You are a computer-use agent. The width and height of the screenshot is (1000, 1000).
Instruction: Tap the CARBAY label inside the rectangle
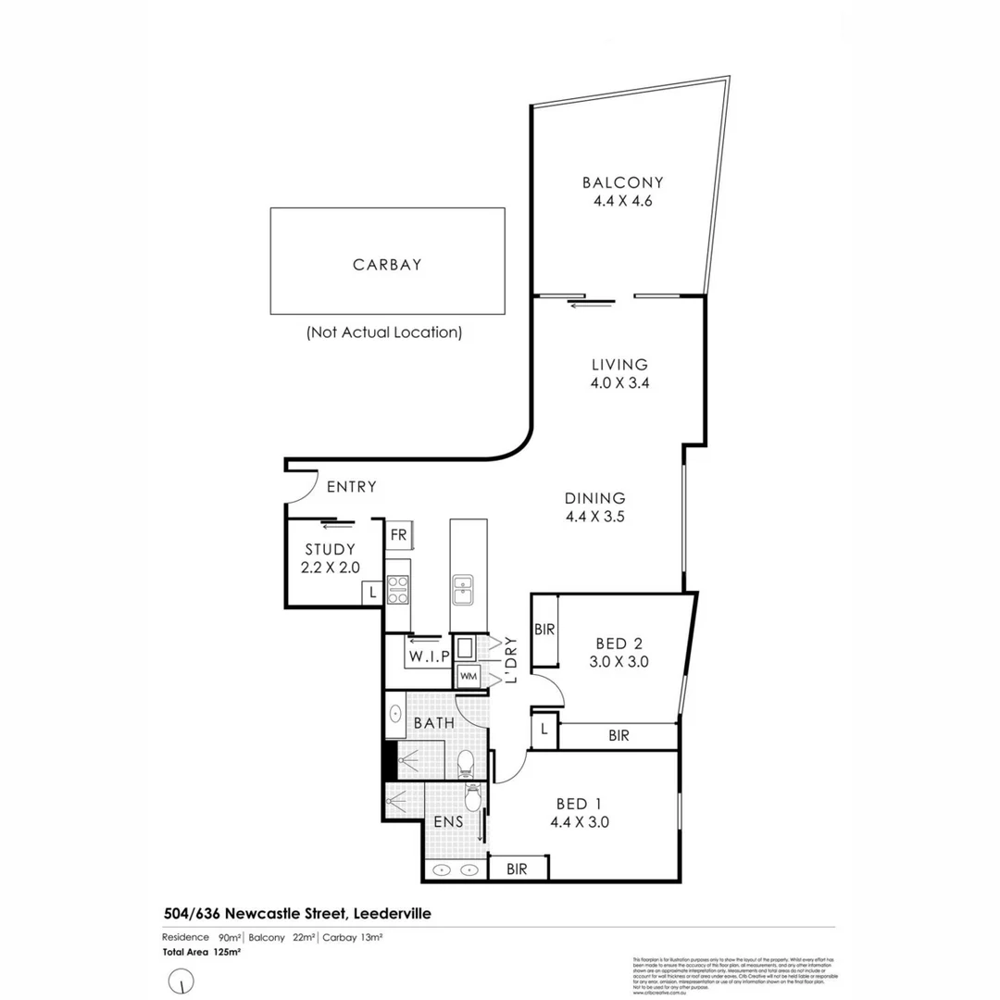coord(387,265)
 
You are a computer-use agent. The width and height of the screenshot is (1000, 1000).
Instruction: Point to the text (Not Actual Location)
coord(384,331)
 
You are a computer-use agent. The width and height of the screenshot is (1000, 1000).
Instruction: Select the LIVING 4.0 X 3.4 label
coord(620,373)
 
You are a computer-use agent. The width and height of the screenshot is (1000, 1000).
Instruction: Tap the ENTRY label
coord(351,487)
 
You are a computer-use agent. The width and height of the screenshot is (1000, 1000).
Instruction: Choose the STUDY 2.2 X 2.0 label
coord(330,558)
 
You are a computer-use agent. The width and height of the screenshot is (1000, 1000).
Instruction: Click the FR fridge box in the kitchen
coord(398,535)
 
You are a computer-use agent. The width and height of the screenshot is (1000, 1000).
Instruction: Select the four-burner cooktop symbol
coord(398,589)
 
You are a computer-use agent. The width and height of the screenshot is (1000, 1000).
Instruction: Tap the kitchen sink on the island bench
coord(462,589)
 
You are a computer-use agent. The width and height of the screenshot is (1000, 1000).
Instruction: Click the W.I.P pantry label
coord(429,656)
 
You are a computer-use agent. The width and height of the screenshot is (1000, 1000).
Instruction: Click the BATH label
coord(433,721)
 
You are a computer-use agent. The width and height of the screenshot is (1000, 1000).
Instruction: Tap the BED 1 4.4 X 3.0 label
coord(580,812)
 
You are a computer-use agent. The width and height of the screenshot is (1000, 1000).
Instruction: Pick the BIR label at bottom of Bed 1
coord(518,869)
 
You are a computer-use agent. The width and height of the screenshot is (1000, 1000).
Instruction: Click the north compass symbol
coord(184,979)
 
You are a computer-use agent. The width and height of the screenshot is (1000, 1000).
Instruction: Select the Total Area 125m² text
coord(202,952)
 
